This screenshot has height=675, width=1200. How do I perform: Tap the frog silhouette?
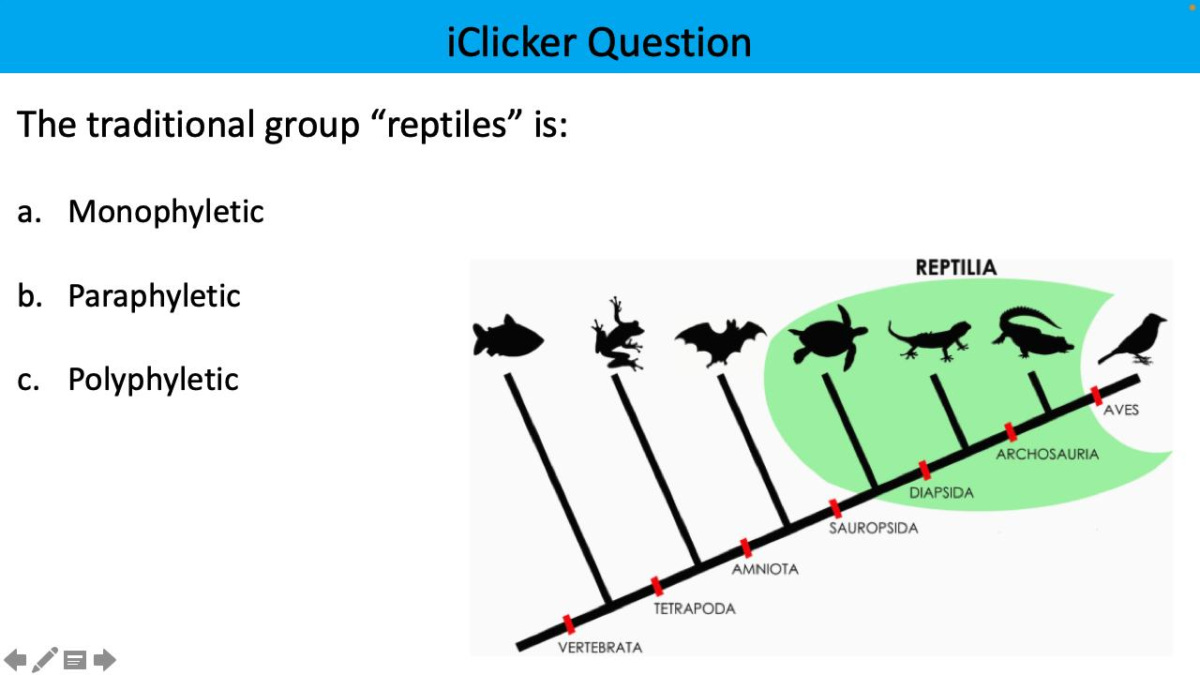point(618,335)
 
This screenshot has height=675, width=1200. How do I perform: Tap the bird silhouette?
point(1135,340)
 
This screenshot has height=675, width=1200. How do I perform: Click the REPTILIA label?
point(956,268)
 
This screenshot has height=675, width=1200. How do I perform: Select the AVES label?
point(1121,410)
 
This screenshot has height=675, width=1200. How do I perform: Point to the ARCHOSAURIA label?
point(1047,454)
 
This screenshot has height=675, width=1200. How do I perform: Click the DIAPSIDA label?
point(941,492)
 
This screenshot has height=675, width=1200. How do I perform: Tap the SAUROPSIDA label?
point(873,528)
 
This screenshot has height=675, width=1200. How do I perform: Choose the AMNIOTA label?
point(765,569)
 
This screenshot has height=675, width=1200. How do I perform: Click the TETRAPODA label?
point(695,608)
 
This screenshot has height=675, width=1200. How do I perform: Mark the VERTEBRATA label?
point(600,647)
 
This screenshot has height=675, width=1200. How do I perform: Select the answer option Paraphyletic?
point(155,296)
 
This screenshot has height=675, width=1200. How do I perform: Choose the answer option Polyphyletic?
point(154,380)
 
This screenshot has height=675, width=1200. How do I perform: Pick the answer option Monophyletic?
point(166,212)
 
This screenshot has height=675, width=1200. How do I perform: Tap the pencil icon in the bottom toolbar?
point(44,660)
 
